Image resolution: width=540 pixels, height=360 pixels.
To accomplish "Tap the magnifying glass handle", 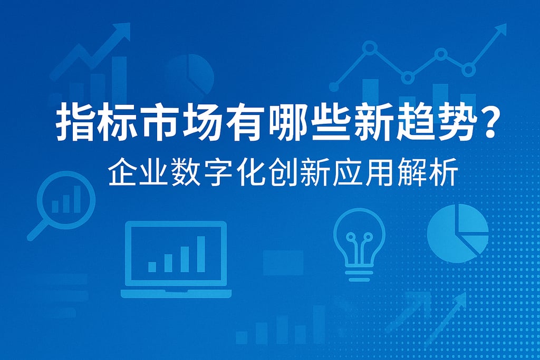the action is (37, 230).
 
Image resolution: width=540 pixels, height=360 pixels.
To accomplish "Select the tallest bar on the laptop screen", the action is (201, 254).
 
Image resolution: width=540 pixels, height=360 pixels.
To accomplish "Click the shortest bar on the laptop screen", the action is (152, 267).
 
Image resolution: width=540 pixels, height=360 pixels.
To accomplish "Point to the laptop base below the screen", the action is (176, 293).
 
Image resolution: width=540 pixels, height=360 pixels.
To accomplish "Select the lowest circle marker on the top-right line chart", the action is (408, 77).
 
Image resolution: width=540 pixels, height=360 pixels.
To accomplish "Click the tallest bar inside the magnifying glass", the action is (77, 199).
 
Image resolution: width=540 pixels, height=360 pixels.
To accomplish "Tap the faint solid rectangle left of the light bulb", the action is (283, 263).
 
